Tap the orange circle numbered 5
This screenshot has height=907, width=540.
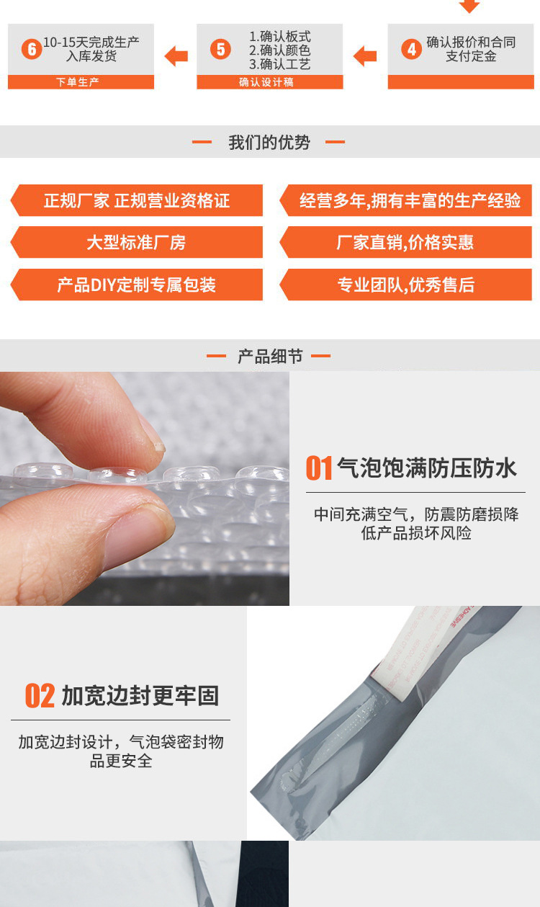220,49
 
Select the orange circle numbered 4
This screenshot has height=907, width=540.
411,49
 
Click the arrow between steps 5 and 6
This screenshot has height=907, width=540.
176,56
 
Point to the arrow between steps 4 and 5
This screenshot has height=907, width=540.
366,56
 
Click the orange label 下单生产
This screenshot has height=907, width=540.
81,82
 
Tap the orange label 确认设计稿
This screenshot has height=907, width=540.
269,82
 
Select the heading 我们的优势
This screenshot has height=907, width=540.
269,143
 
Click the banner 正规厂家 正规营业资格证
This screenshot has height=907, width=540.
137,200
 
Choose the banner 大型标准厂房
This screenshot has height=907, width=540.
137,243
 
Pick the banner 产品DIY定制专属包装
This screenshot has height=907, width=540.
137,285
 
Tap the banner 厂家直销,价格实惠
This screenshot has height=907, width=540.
405,243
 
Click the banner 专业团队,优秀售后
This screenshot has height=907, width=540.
405,285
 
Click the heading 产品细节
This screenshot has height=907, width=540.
270,357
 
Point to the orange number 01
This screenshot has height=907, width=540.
319,468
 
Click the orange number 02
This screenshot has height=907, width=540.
40,696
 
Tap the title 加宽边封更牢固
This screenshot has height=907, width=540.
140,696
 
